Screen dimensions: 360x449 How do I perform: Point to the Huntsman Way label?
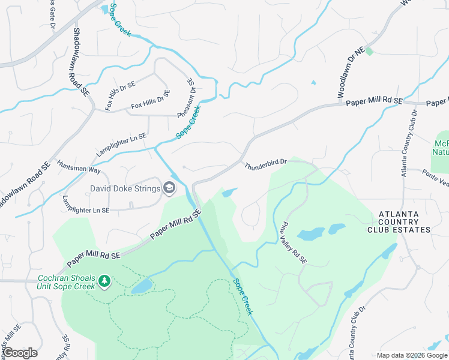79,166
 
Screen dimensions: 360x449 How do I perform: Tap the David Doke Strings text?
125,189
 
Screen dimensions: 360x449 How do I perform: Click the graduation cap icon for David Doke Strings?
170,189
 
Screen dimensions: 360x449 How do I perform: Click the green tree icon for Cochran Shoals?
104,281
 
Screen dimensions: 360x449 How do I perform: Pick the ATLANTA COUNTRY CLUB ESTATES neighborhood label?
405,222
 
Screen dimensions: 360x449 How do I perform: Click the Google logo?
20,353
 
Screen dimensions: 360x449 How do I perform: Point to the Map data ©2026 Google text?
411,355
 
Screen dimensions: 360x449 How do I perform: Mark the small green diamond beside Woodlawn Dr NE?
369,52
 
